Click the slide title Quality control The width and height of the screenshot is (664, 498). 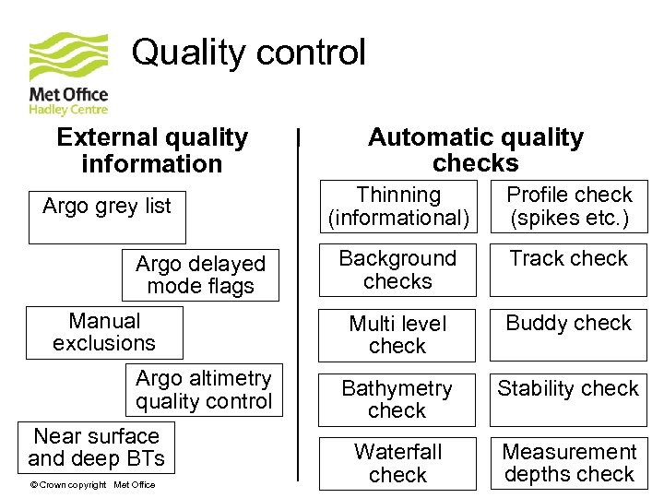[x=248, y=53]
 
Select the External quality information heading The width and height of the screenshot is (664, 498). [x=152, y=150]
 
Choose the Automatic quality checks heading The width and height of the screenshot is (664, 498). [x=475, y=150]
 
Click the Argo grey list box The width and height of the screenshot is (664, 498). [x=107, y=217]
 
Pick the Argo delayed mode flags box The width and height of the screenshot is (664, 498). [x=200, y=275]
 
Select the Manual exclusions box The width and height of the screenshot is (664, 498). [x=104, y=332]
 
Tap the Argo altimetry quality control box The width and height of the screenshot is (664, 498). [x=203, y=389]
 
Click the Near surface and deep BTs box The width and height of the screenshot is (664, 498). [x=96, y=447]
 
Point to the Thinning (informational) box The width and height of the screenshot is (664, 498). [x=397, y=206]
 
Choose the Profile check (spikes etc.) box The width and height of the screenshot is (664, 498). [x=568, y=206]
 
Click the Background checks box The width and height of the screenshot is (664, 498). [x=397, y=269]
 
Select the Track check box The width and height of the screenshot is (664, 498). [x=568, y=269]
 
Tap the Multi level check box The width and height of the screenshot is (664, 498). [x=397, y=335]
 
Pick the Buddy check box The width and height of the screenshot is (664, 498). [x=568, y=335]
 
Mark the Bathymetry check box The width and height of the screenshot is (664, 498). [x=397, y=399]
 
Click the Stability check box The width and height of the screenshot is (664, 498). [x=568, y=399]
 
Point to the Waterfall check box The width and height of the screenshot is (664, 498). [x=397, y=463]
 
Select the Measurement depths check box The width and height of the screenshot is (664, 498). [x=568, y=463]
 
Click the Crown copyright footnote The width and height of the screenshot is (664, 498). [x=92, y=485]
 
